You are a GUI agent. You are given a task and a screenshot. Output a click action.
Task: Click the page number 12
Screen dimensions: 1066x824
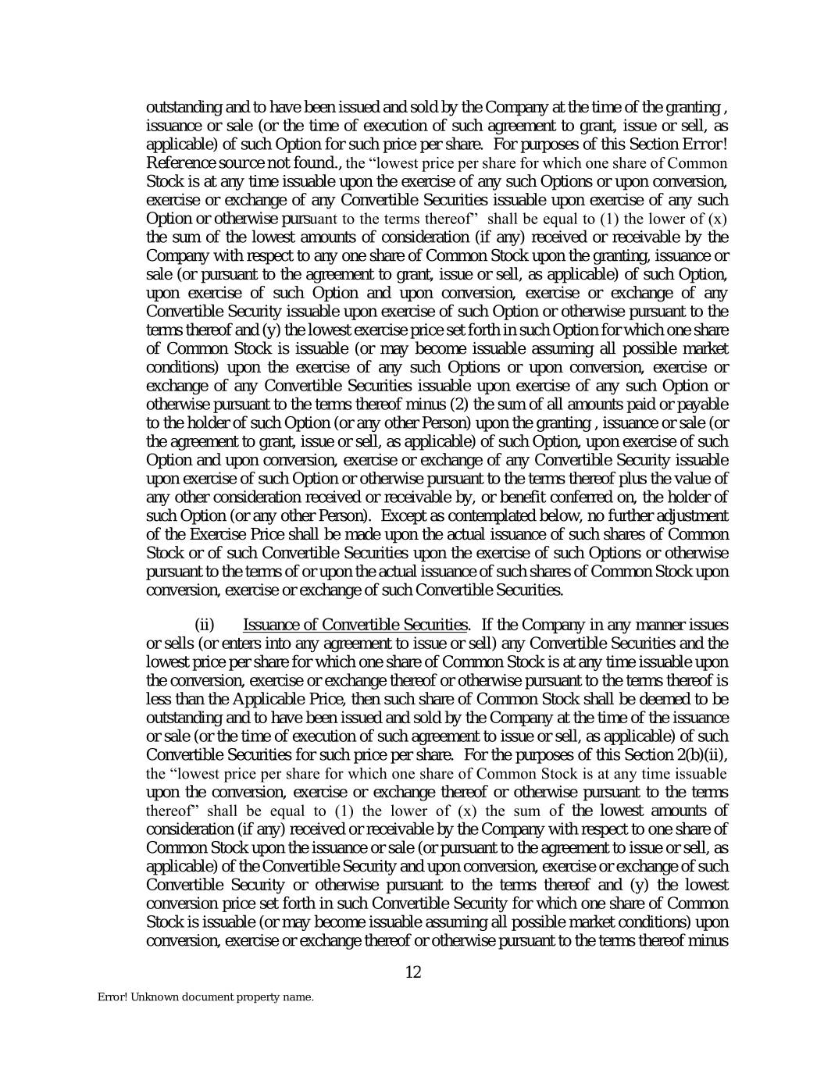tap(413, 972)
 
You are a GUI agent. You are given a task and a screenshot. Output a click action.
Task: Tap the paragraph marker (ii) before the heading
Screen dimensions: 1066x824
tap(204, 625)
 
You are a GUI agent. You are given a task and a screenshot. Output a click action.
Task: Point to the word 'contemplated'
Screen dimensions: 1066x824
tap(474, 515)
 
